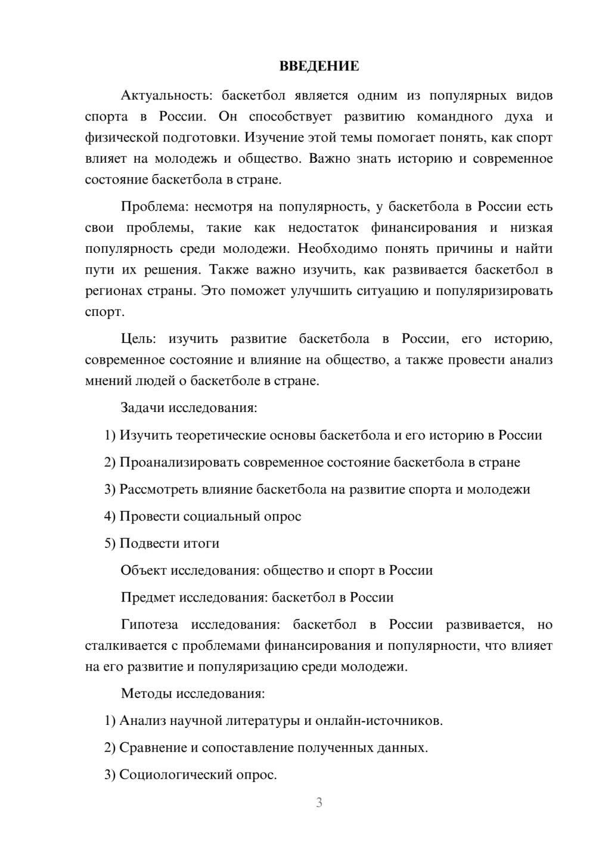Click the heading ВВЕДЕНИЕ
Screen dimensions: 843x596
(x=319, y=66)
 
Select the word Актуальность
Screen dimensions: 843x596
(x=165, y=95)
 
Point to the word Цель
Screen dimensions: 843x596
(x=138, y=339)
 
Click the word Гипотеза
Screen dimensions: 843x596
(x=149, y=625)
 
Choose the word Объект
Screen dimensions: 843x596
(x=143, y=571)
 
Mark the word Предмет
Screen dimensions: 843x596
(x=147, y=597)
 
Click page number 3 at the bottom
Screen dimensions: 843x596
(x=319, y=803)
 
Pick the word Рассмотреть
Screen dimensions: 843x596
(x=157, y=489)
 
